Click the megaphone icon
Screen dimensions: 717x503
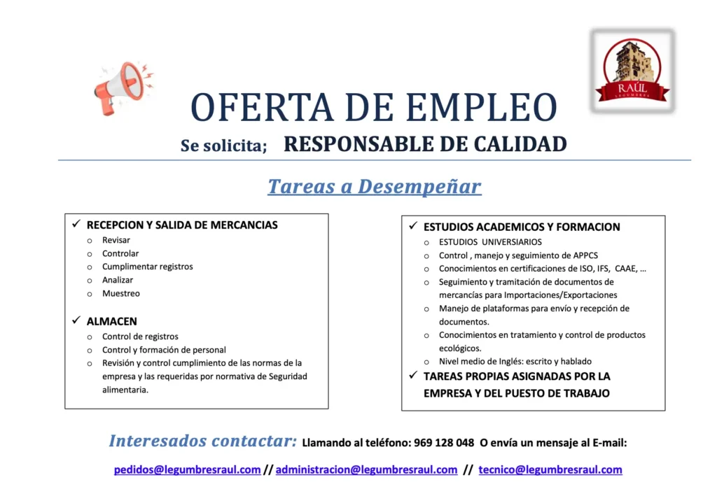(122, 87)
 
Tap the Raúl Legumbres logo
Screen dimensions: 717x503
(632, 71)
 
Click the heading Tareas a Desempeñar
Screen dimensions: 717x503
(375, 186)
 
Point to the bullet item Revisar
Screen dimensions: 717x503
(116, 240)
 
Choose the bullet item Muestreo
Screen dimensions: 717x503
(121, 293)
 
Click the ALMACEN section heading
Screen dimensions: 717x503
(112, 321)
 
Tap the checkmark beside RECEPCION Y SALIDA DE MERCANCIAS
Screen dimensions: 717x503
(76, 224)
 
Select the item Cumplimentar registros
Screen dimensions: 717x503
(148, 267)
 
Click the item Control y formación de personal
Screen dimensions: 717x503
(164, 350)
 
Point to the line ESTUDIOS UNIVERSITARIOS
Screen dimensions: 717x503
(490, 242)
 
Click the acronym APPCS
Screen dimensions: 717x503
(586, 255)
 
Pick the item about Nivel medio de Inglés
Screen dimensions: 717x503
(515, 362)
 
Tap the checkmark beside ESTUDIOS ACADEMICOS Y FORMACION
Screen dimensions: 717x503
(413, 226)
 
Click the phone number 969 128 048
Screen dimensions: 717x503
(444, 443)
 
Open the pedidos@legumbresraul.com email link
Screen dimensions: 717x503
(188, 469)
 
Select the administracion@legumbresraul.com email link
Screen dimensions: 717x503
(366, 469)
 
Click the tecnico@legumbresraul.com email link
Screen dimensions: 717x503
(550, 469)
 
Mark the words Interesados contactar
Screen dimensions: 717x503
(203, 441)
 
